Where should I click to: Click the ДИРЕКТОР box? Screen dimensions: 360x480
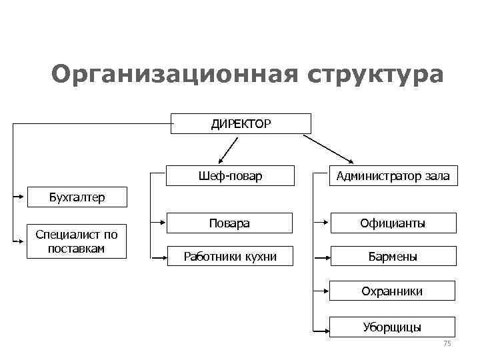tap(241, 123)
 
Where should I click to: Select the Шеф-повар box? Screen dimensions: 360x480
tap(230, 176)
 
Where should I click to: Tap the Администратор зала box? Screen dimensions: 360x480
tap(393, 176)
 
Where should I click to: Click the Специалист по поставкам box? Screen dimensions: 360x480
tap(77, 241)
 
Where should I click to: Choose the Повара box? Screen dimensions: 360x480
tap(229, 223)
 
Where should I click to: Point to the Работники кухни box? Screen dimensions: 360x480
tap(230, 255)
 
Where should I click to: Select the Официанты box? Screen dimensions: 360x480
tap(393, 223)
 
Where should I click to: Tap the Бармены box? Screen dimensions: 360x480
tap(393, 256)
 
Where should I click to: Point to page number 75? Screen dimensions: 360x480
tap(447, 343)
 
